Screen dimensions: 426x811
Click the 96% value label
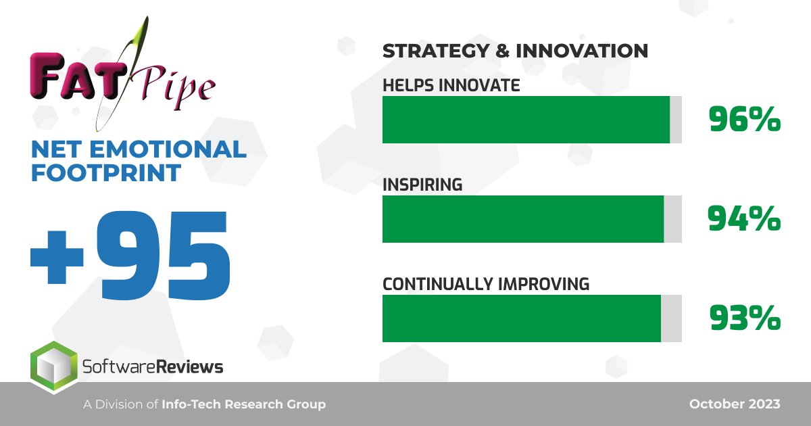pos(744,120)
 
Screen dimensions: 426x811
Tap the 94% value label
pos(744,219)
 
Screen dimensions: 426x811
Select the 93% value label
pos(745,318)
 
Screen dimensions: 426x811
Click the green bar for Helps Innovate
pos(526,120)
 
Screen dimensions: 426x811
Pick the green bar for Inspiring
pos(523,219)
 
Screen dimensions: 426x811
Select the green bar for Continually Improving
pos(521,318)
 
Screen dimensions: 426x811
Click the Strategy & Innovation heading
pos(515,51)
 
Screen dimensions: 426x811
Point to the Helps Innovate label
pos(451,86)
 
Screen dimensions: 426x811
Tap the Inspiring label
pos(422,185)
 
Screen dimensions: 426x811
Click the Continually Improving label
pos(486,284)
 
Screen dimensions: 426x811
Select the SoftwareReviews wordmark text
pos(152,367)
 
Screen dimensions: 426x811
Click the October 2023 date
pos(735,404)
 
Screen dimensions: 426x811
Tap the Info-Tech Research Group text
pos(243,404)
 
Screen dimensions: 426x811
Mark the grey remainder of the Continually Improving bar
pos(671,318)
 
